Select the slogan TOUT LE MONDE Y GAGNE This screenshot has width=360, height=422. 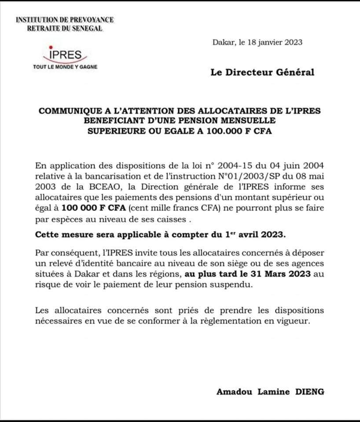click(66, 67)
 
